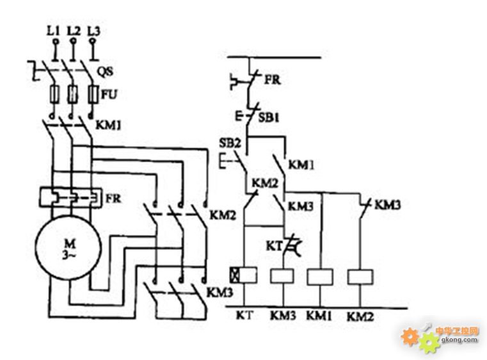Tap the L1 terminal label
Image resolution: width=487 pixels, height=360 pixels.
coord(54,31)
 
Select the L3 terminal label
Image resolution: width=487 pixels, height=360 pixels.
coord(94,31)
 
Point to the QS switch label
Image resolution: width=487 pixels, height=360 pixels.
coord(106,72)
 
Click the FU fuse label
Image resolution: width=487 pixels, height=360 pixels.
coord(109,94)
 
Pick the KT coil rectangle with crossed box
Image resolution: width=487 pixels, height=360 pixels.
coord(243,275)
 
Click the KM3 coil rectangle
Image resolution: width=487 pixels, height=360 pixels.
coord(282,276)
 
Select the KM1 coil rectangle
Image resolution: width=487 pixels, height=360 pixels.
coord(320,277)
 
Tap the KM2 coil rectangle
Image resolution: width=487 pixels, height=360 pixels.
coord(360,277)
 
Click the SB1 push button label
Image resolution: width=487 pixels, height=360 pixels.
coord(269,117)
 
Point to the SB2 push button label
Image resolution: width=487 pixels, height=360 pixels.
coord(230,143)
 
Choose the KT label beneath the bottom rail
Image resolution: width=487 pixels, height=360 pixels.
coord(244,315)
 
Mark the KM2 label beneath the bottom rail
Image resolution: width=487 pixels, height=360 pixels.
coord(360,317)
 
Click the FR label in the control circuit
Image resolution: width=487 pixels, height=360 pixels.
coord(273,79)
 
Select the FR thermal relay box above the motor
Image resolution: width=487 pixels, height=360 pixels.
coord(70,197)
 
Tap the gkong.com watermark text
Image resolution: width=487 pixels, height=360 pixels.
coord(459,340)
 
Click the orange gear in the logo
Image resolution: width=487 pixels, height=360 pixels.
coord(410,336)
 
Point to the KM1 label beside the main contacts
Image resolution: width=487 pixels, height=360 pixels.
coord(108,125)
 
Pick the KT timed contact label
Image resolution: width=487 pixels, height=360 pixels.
coord(274,246)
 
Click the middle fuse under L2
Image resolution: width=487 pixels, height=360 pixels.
coord(72,94)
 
